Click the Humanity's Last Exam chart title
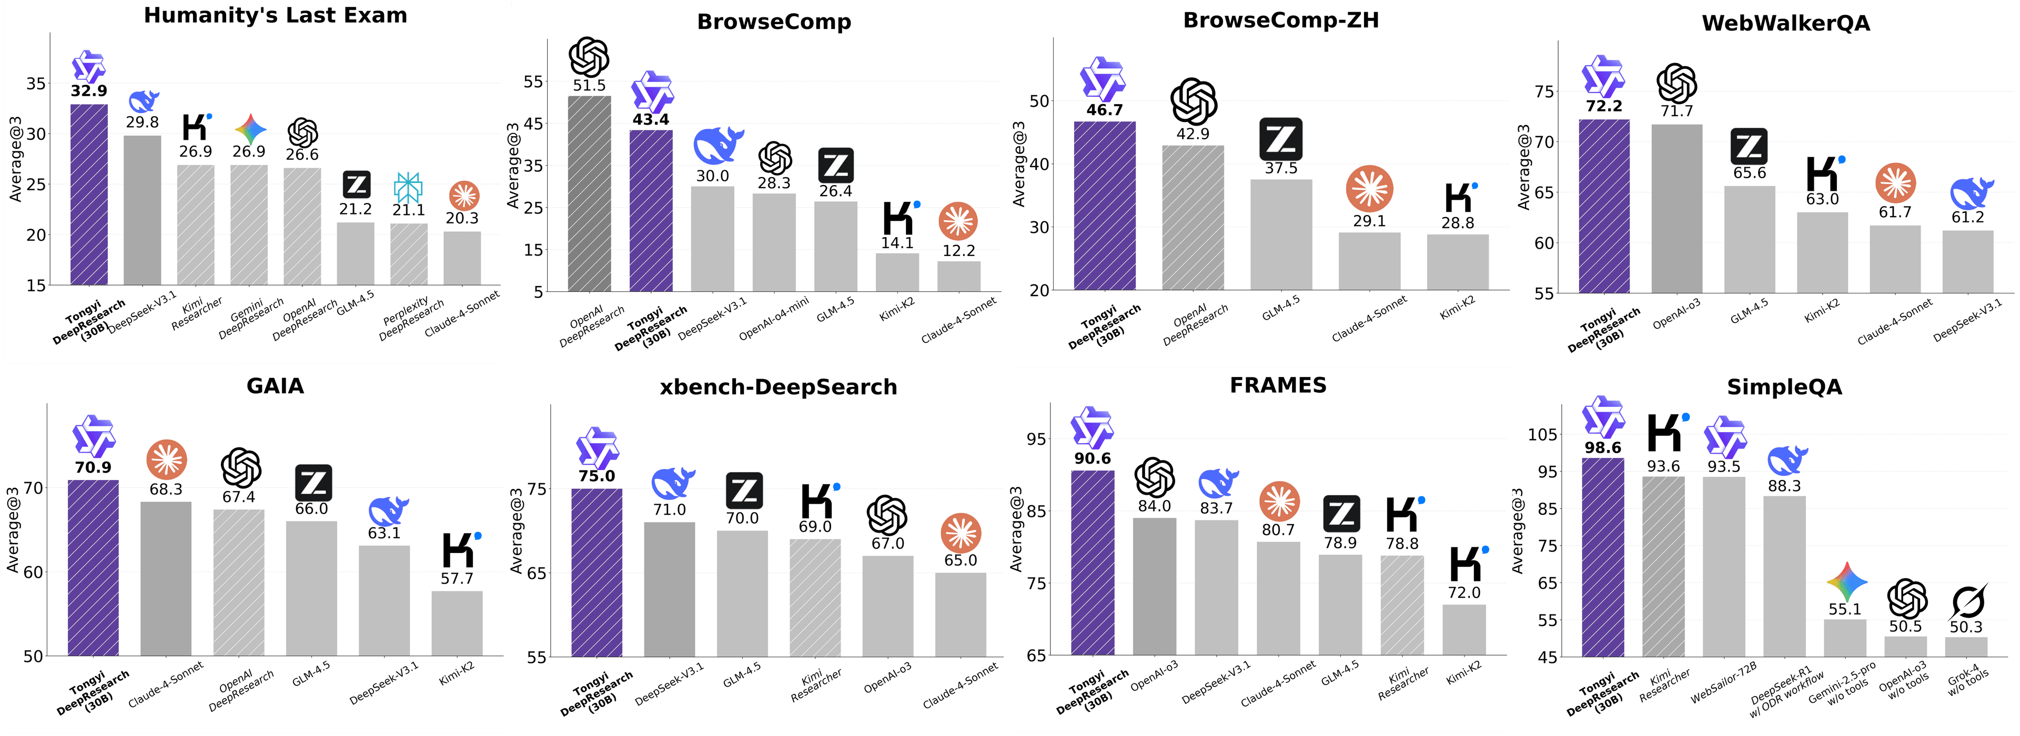pyautogui.click(x=275, y=16)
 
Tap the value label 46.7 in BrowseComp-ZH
pyautogui.click(x=1104, y=110)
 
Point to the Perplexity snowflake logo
pyautogui.click(x=408, y=187)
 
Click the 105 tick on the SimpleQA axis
pyautogui.click(x=1542, y=434)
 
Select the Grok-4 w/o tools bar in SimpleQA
pyautogui.click(x=1966, y=647)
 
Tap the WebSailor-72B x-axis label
pyautogui.click(x=1724, y=682)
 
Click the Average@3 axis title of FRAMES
pyautogui.click(x=1016, y=529)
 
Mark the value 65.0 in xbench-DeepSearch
pyautogui.click(x=961, y=560)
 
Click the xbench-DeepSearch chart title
pyautogui.click(x=778, y=387)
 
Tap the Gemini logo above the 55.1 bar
pyautogui.click(x=1846, y=581)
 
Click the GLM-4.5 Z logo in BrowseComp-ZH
pyautogui.click(x=1280, y=139)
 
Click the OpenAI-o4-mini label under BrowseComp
pyautogui.click(x=773, y=319)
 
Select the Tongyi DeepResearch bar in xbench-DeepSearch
pyautogui.click(x=597, y=572)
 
